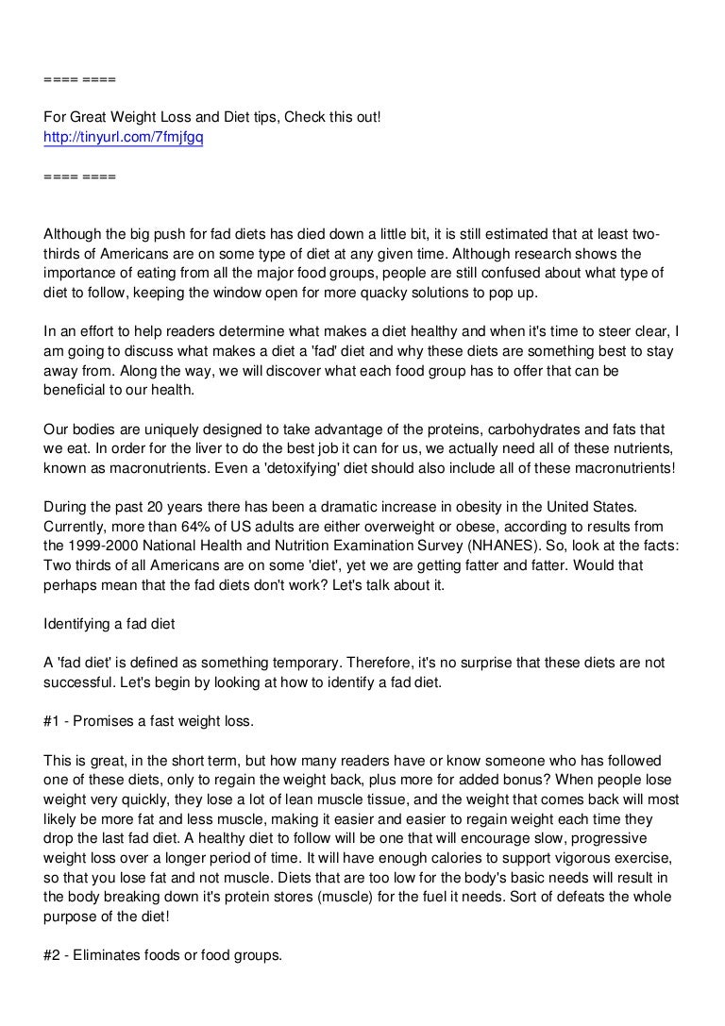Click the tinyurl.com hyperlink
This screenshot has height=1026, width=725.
[124, 138]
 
